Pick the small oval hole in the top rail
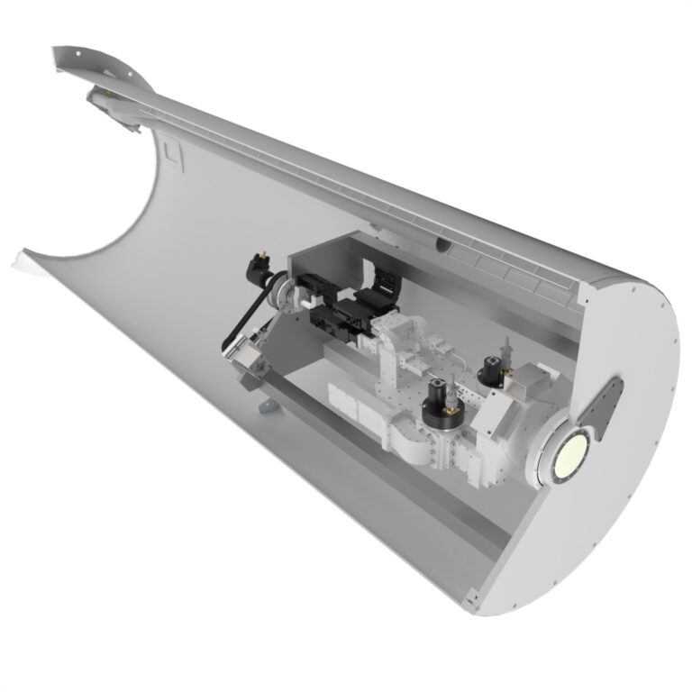442,243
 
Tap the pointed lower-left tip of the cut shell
20,259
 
